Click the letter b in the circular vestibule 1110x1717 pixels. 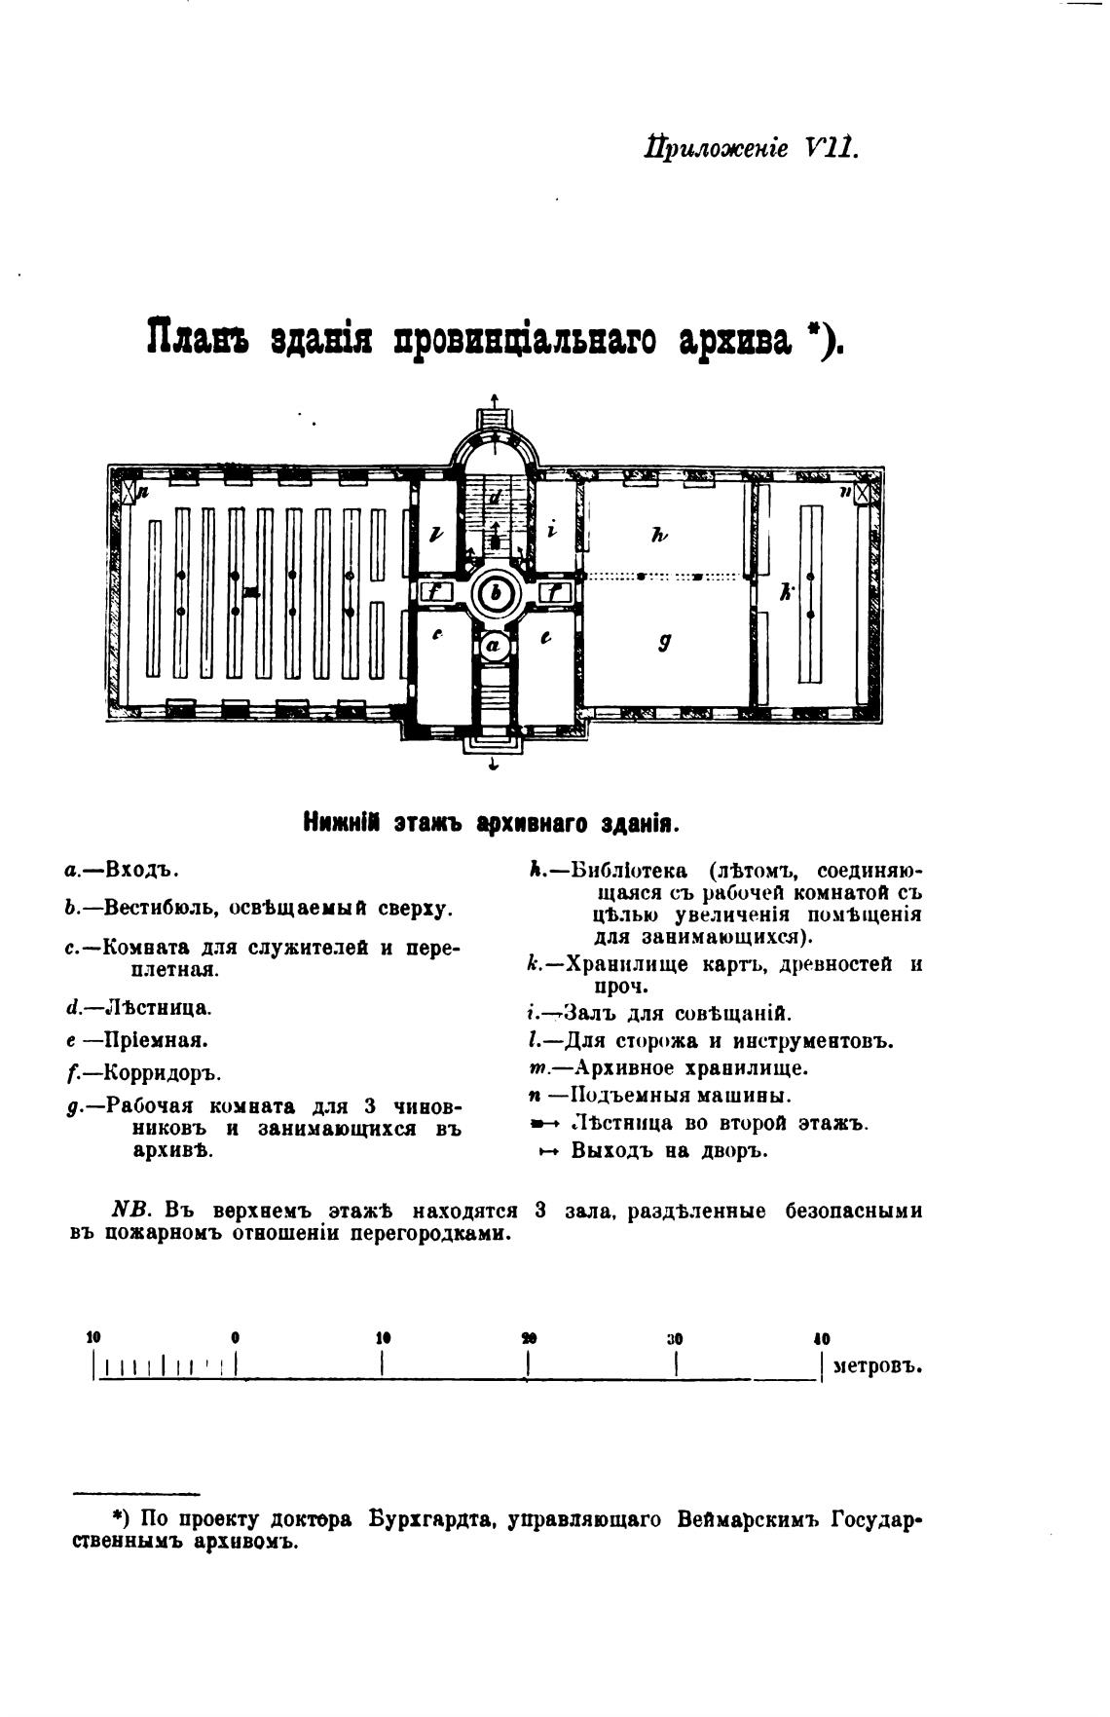coord(497,592)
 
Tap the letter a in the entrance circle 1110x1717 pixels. coord(494,644)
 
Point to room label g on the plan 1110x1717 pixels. coord(663,642)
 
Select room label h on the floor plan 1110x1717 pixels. coord(659,535)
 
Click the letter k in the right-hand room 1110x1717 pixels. coord(785,590)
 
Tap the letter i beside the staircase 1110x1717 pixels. coord(552,531)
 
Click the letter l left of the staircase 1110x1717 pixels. coord(436,533)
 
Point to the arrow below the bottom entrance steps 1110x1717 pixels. coord(495,765)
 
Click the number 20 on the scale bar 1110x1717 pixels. coord(529,1338)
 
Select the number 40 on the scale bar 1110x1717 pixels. coord(822,1338)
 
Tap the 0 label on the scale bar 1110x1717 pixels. coord(236,1338)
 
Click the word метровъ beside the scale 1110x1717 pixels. coord(877,1365)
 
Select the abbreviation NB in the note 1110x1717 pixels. coord(129,1211)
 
